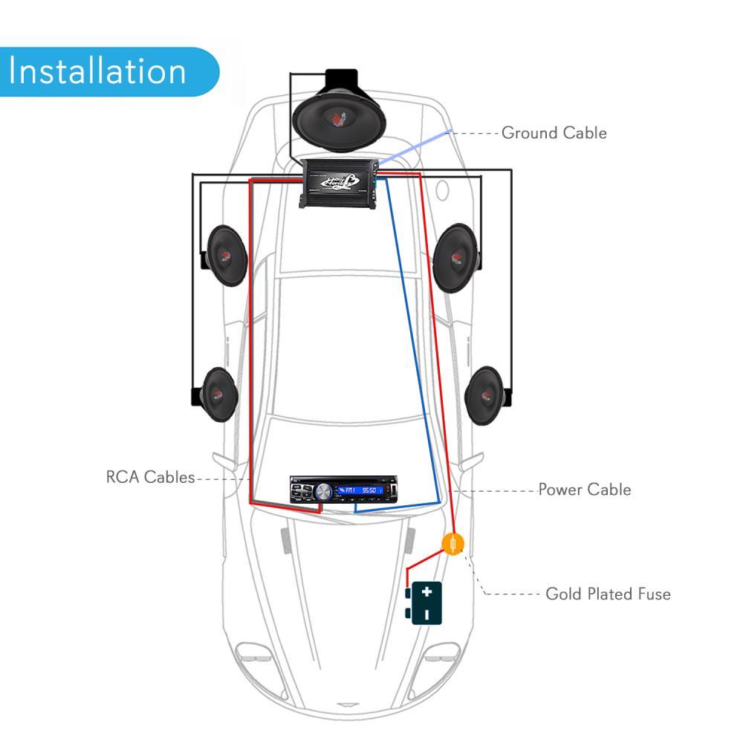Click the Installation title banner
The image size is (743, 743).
[100, 71]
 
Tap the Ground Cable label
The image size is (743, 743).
[554, 133]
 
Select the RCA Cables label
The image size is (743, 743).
[150, 477]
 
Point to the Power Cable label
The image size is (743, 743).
[584, 490]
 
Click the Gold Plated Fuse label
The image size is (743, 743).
[608, 594]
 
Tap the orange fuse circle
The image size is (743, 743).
[452, 545]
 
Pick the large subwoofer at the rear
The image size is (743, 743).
[338, 115]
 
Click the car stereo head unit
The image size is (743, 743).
[344, 491]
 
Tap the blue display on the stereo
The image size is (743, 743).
[362, 491]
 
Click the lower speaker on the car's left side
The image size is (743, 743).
[218, 395]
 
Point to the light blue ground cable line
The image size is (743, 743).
[416, 146]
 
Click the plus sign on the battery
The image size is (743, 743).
[426, 592]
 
